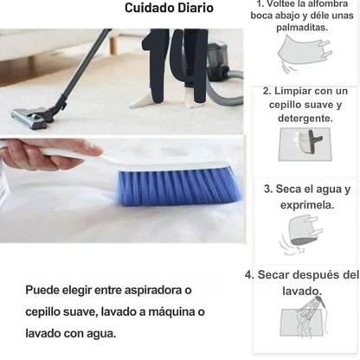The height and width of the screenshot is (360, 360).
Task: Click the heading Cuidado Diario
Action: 169,8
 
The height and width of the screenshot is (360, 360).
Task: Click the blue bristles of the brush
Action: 179,187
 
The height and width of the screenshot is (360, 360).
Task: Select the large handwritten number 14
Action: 176,66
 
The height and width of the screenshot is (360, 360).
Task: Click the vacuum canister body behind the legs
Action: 219,61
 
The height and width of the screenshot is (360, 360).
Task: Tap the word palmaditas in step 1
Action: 302,28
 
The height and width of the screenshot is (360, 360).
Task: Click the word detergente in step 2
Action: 305,119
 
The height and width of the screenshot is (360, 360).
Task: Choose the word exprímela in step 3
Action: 307,205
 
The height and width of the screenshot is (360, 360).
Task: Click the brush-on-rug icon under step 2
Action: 305,145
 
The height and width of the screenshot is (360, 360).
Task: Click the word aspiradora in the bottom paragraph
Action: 154,290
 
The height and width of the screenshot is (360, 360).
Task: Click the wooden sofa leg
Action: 113,44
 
